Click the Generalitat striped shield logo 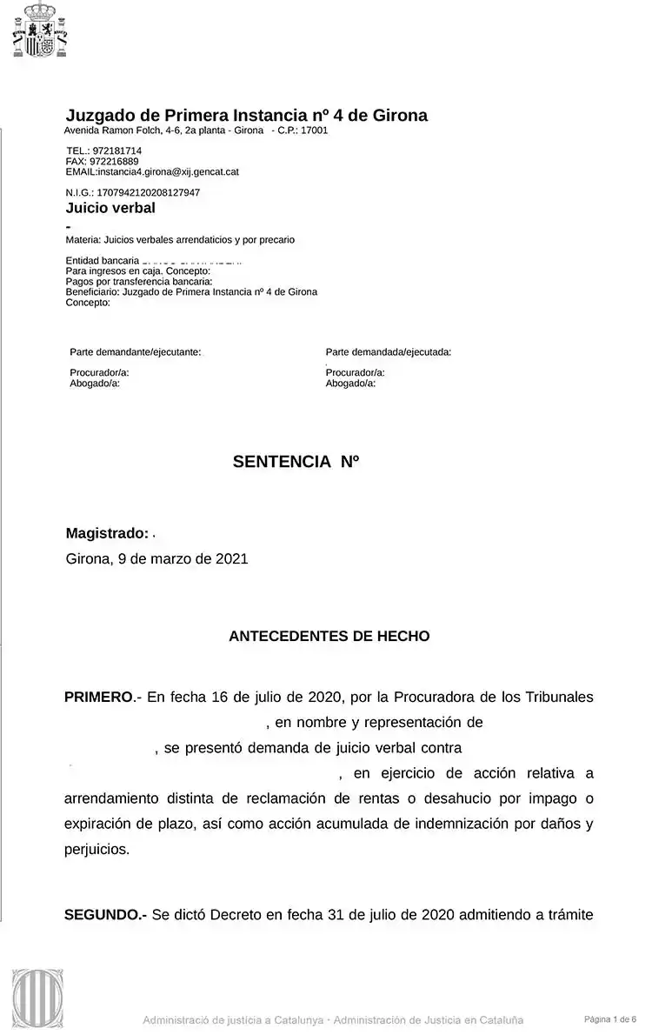point(37,998)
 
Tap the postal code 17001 point(314,130)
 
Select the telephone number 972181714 point(116,150)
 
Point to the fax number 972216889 point(114,161)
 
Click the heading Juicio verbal point(110,208)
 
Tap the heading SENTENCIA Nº point(296,462)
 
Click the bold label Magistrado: point(107,533)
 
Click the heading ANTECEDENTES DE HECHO point(329,637)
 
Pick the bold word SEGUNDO point(104,914)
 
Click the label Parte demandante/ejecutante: point(135,352)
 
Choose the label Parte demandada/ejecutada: point(388,352)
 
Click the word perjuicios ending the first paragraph point(96,848)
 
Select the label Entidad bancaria point(103,261)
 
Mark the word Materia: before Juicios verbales point(83,239)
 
